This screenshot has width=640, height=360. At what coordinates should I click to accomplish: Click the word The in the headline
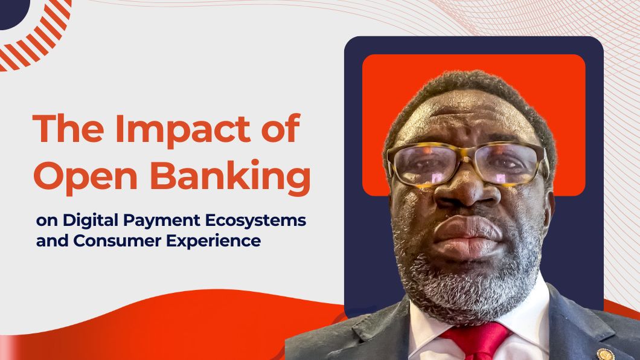68,128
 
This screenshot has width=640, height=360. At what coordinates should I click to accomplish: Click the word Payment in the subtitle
162,221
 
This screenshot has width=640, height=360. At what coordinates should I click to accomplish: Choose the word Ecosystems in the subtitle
255,221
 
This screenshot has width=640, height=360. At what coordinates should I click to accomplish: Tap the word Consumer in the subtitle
118,241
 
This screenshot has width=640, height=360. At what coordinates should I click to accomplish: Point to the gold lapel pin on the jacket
605,354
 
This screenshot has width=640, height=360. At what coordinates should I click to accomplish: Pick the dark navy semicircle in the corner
12,12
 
